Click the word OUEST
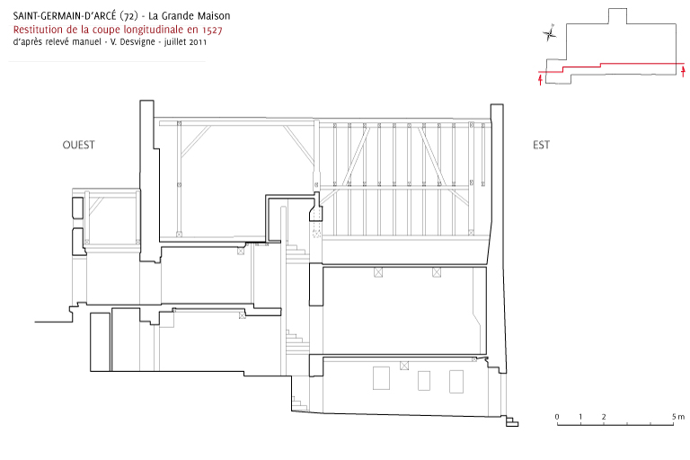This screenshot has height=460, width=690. [78, 145]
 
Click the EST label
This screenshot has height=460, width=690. [541, 145]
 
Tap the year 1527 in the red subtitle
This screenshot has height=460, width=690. [212, 30]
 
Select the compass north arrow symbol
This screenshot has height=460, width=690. [549, 33]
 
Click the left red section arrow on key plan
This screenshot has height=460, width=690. [540, 80]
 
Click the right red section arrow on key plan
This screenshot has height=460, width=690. [683, 71]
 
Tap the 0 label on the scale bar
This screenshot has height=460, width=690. [557, 416]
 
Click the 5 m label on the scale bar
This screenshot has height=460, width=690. [678, 416]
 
